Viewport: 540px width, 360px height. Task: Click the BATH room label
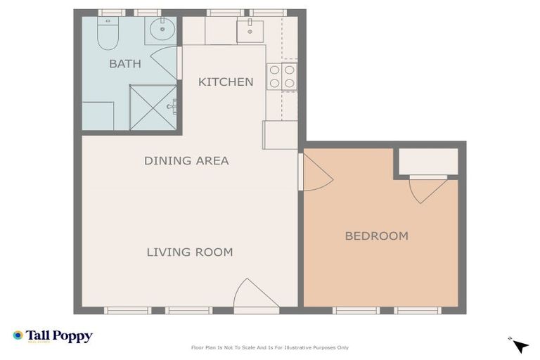(125, 64)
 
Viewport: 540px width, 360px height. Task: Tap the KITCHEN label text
(226, 82)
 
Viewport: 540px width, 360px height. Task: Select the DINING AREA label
(186, 160)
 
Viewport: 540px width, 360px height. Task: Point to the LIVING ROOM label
(190, 252)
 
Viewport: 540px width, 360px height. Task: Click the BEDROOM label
(377, 236)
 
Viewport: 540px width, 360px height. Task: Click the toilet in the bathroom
(108, 34)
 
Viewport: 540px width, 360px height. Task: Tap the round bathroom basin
(162, 29)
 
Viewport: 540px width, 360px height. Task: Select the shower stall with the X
(153, 108)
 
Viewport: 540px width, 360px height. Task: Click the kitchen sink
(250, 32)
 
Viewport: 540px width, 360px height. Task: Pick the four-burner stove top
(282, 77)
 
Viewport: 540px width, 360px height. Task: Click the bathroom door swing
(165, 63)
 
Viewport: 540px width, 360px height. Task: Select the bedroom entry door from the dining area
(316, 172)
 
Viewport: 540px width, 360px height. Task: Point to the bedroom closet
(428, 161)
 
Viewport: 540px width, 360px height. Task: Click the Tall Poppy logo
(53, 336)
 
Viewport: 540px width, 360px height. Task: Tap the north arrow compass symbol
(519, 345)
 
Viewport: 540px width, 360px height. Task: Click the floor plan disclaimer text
(270, 347)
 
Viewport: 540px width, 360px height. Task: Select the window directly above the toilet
(112, 13)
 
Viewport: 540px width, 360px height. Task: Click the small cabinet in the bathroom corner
(98, 116)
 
